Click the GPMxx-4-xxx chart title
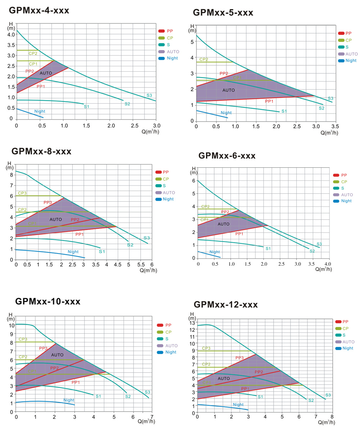point(39,11)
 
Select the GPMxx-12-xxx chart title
point(226,305)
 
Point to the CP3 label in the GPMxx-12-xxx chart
point(206,348)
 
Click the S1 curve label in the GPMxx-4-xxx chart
point(86,107)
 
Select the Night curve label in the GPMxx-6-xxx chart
point(215,252)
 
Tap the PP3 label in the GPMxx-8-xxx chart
point(48,203)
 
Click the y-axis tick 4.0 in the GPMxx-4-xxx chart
point(10,35)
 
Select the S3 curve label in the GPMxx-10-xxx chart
point(147,392)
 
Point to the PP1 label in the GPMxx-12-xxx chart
point(245,389)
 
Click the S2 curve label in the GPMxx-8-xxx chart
point(130,245)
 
